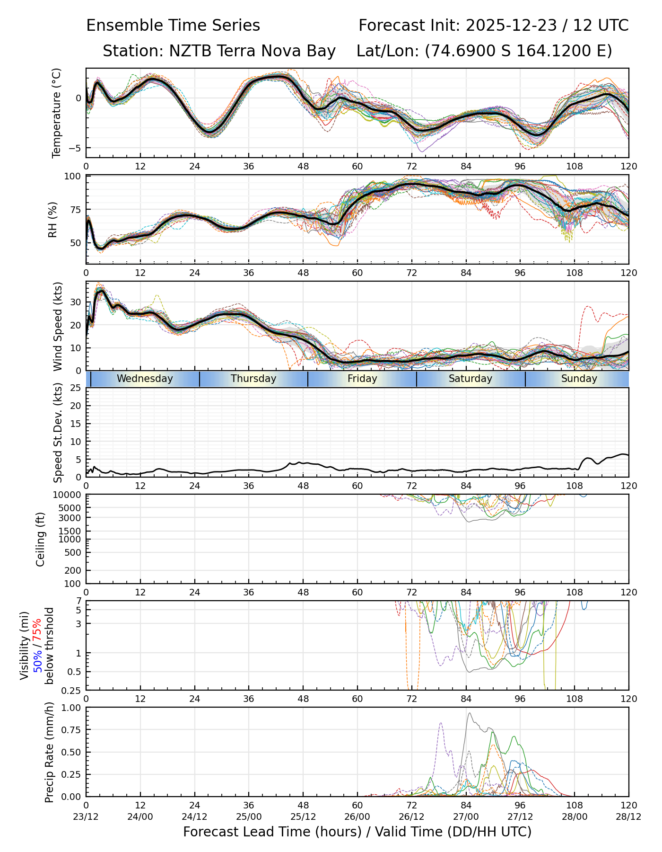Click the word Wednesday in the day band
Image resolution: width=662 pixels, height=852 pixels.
(x=145, y=379)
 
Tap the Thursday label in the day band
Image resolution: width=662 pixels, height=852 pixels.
(x=253, y=379)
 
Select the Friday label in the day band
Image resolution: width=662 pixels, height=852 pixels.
(x=362, y=379)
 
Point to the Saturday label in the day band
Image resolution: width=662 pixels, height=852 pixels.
(x=470, y=379)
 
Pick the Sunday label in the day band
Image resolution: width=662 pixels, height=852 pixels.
(x=579, y=379)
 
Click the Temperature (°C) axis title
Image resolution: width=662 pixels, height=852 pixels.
(x=57, y=113)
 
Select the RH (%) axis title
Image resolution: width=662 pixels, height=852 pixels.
(x=52, y=220)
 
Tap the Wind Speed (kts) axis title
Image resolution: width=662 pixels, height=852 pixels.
(x=58, y=326)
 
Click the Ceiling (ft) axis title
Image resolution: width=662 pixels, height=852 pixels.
(x=41, y=539)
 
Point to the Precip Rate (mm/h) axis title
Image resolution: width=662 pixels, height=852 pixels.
(x=50, y=752)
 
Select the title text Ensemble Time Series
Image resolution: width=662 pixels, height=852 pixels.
(x=173, y=26)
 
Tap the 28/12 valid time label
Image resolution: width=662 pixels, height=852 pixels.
(x=629, y=817)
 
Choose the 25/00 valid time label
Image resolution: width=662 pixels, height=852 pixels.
(x=249, y=817)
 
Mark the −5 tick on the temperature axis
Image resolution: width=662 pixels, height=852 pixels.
(x=75, y=148)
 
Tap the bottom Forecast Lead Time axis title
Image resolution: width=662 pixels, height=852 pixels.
(x=357, y=832)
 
